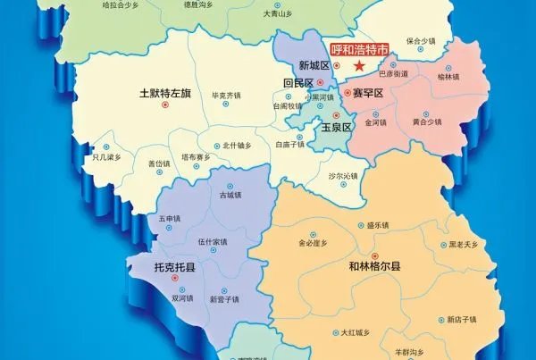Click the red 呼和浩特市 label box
click(x=359, y=51)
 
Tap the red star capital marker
click(x=359, y=66)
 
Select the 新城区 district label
click(x=314, y=66)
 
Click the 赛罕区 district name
click(x=367, y=93)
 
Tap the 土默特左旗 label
click(x=164, y=92)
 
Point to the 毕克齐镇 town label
click(x=226, y=95)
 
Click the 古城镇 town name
click(x=230, y=194)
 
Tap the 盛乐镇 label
click(x=379, y=225)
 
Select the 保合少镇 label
click(x=421, y=41)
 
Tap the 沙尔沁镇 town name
click(x=343, y=176)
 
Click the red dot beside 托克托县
click(x=176, y=277)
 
